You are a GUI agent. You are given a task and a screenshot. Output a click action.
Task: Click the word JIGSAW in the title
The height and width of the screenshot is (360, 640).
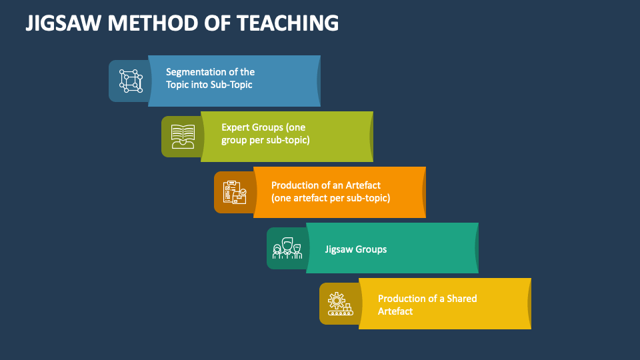coord(63,23)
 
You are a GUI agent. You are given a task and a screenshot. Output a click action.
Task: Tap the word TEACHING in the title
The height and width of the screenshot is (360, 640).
coord(287,23)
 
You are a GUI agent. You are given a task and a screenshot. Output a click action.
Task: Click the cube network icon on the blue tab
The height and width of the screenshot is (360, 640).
coord(131,81)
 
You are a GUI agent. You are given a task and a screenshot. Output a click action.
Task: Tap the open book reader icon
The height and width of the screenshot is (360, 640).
coord(183,136)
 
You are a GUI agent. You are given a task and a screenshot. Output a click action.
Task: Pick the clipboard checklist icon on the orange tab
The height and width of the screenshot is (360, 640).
coord(235,192)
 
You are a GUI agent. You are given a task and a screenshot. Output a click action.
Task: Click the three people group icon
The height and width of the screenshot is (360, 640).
coord(287,248)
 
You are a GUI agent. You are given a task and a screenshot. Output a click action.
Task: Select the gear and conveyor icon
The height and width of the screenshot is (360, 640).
coord(341,304)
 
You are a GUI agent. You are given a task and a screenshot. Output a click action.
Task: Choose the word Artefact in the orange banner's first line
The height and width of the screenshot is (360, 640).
coord(363,185)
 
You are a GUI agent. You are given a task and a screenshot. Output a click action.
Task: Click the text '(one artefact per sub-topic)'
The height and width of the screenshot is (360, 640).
coord(331,198)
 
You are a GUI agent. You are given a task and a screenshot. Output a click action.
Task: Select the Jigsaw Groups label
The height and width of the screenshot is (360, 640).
coord(355,249)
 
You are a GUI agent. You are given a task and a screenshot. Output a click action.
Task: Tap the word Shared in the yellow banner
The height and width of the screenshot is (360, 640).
coord(461,299)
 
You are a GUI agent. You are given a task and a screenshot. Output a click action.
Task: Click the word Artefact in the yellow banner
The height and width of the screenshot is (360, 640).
coord(395,311)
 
